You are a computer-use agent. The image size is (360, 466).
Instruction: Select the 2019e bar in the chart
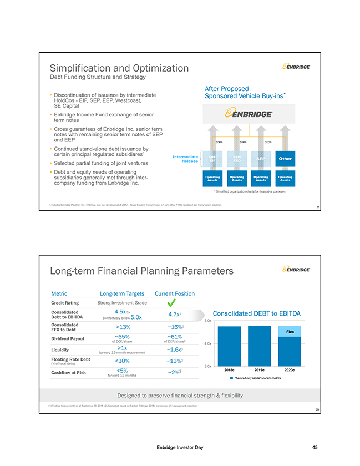(x=260, y=345)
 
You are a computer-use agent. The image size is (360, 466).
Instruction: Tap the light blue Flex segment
(x=290, y=331)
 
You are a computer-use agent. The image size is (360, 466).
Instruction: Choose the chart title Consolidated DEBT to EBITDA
(x=257, y=313)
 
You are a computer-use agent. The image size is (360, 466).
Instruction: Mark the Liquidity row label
(x=60, y=349)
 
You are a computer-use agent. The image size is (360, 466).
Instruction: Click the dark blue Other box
(x=285, y=159)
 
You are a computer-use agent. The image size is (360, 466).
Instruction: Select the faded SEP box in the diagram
(x=261, y=159)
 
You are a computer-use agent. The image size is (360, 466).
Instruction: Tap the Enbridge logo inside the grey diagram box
(x=247, y=114)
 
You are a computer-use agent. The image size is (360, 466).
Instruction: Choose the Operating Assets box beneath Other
(x=285, y=179)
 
